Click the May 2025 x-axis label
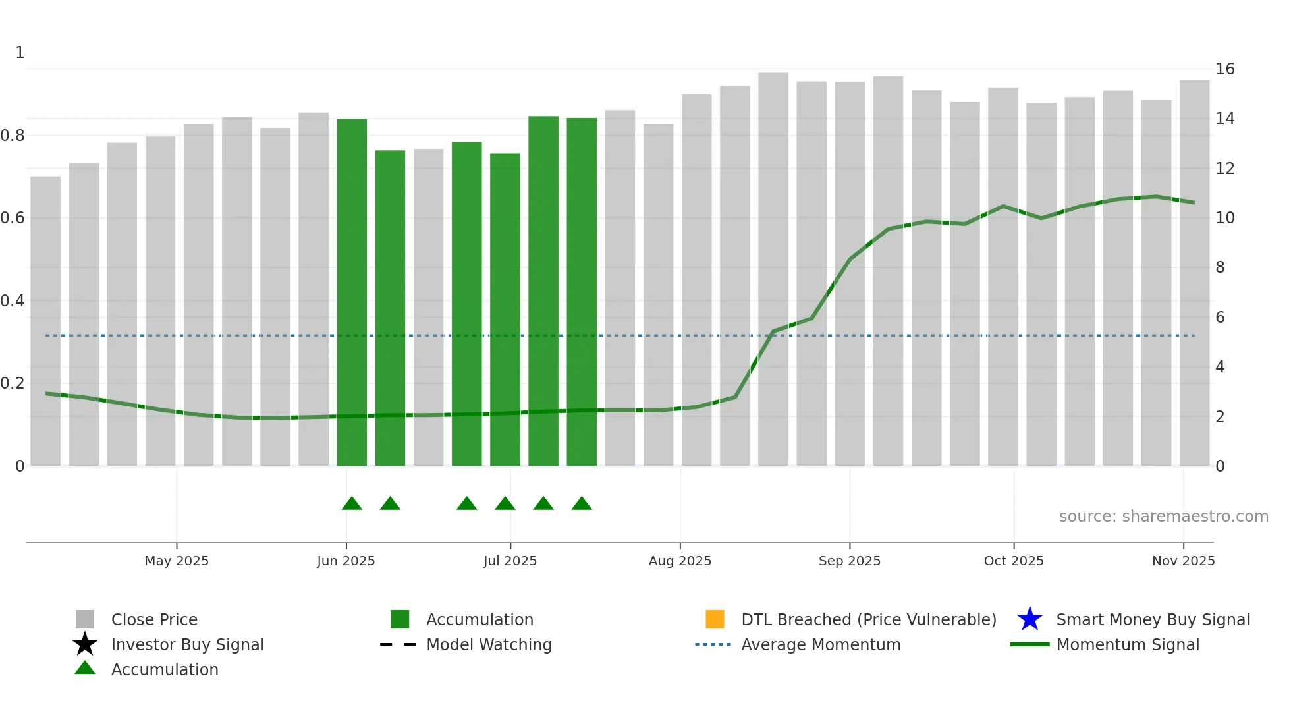point(177,561)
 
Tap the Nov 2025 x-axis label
point(1183,561)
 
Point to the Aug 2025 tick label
point(680,561)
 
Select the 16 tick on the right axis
point(1224,69)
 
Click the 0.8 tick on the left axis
point(13,136)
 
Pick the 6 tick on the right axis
point(1220,318)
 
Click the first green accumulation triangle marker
point(352,504)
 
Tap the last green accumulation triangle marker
point(582,504)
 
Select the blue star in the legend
point(1030,619)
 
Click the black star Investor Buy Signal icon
point(85,644)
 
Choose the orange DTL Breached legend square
point(715,619)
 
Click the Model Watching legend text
point(489,644)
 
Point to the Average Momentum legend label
point(821,644)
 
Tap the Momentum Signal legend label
point(1128,644)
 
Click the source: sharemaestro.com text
point(1163,517)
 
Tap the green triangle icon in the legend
point(85,668)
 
